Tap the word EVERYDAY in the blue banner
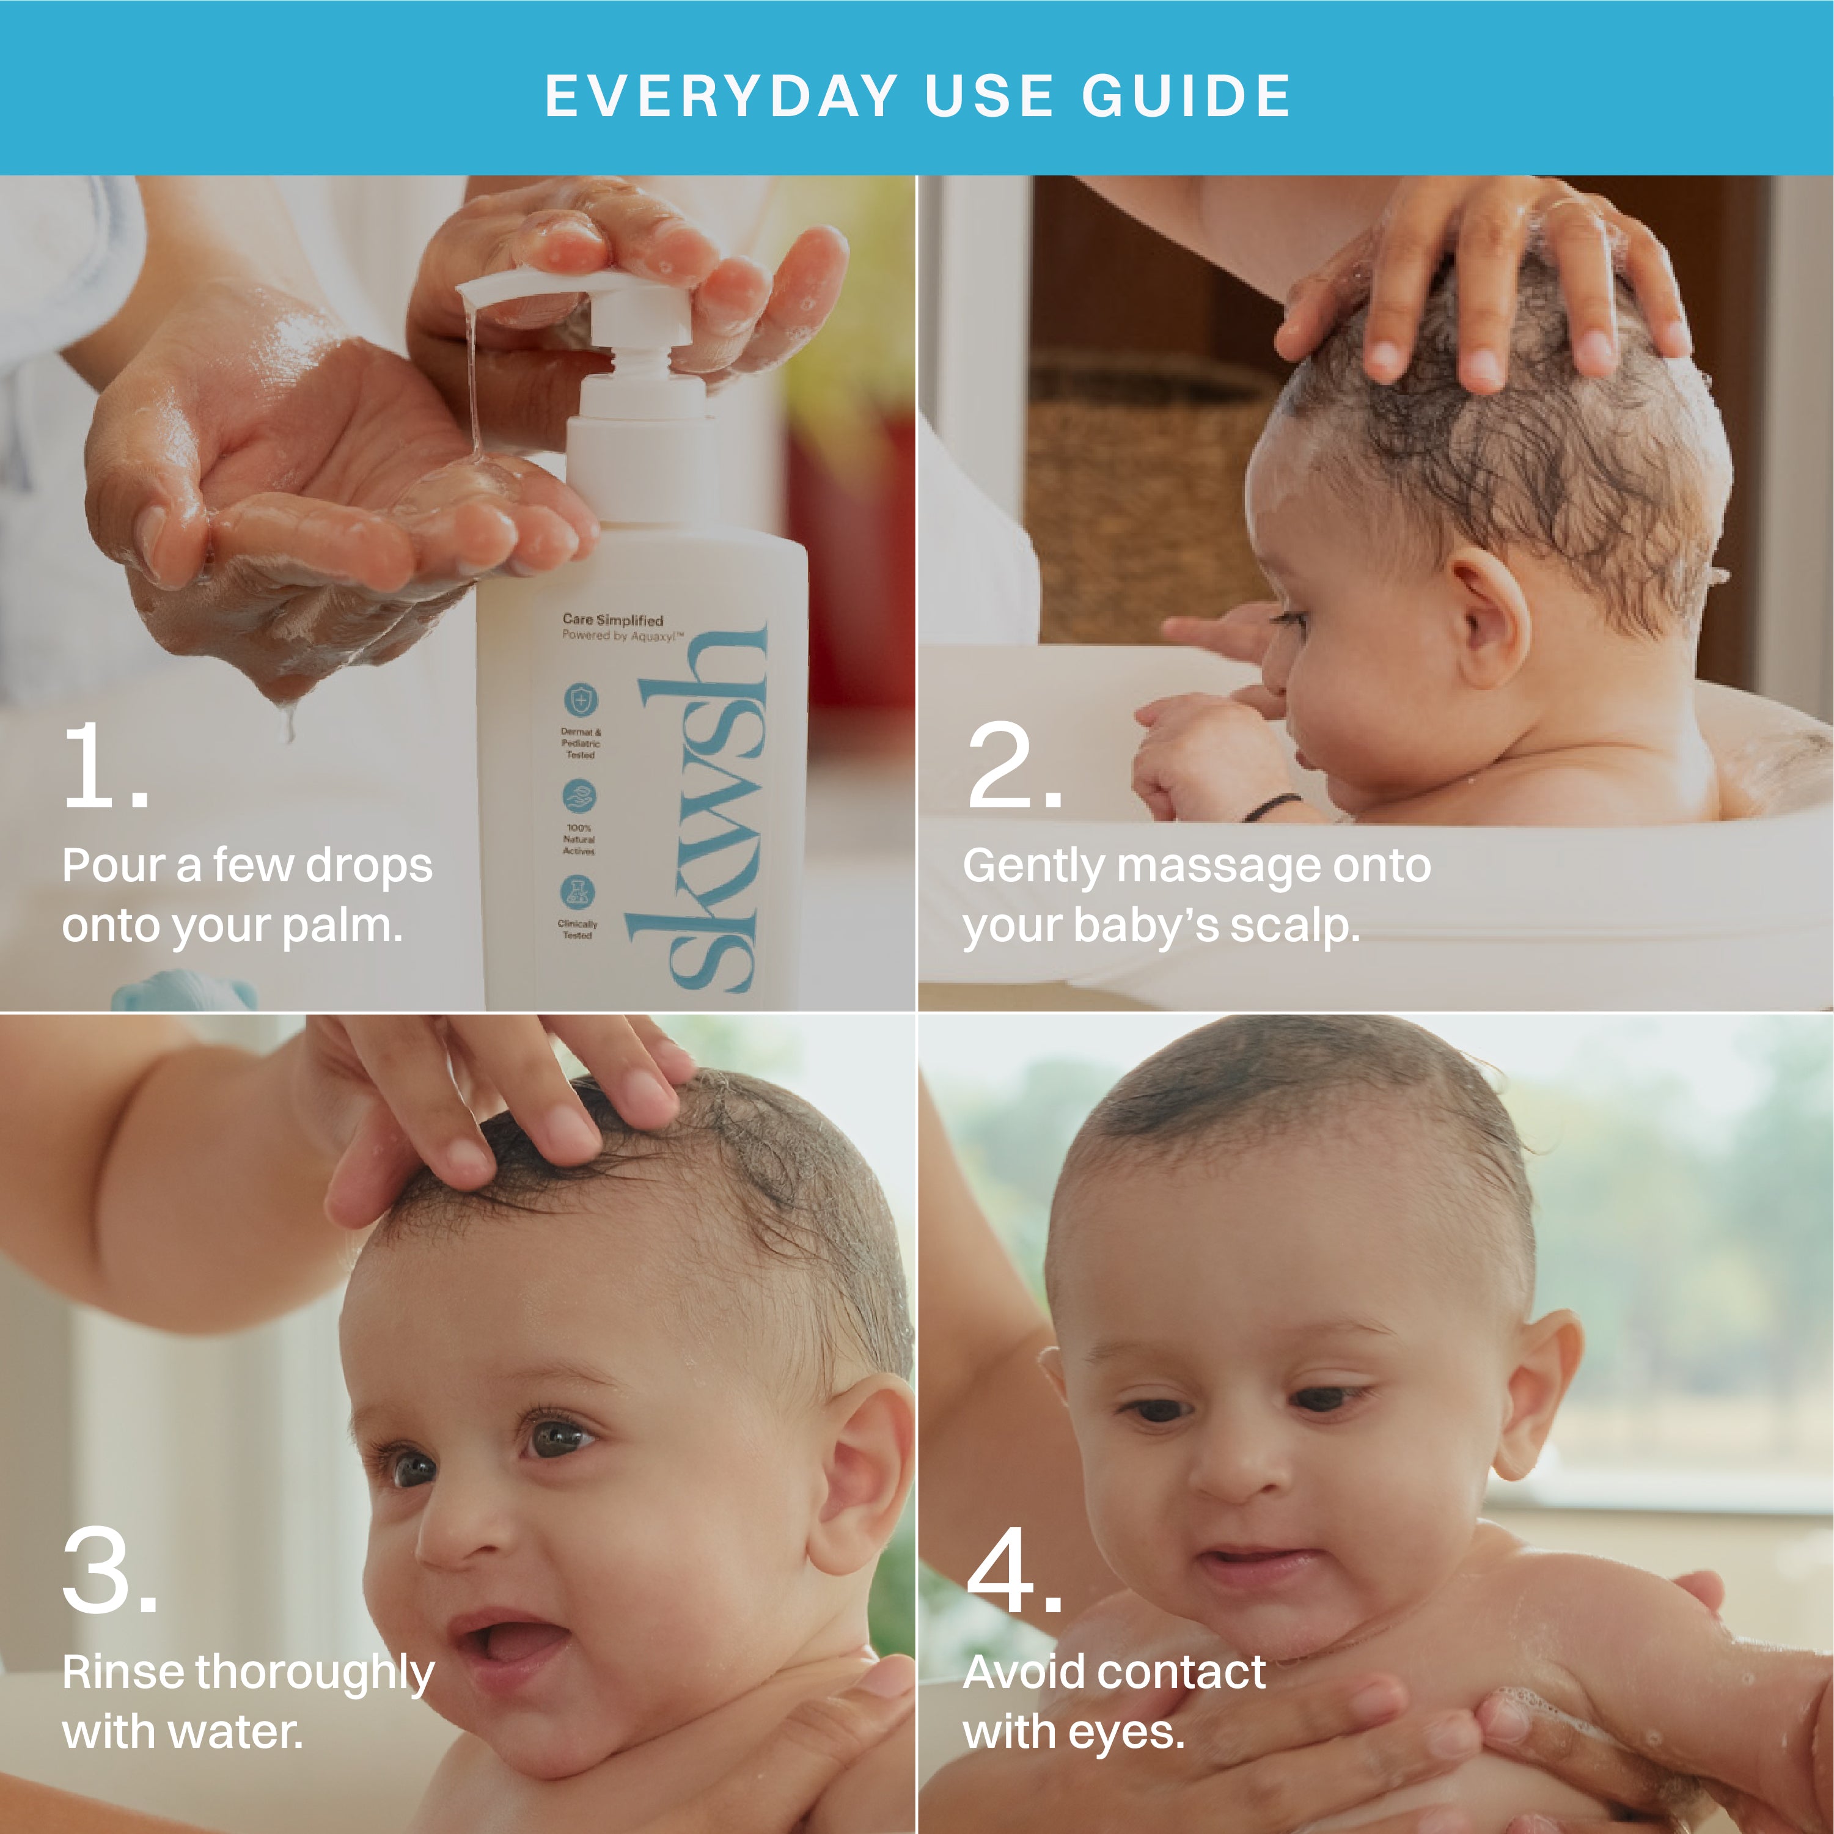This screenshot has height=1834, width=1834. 722,96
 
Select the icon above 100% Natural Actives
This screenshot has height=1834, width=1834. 579,796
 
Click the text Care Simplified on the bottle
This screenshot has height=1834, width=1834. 612,620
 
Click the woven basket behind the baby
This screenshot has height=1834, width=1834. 1139,494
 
